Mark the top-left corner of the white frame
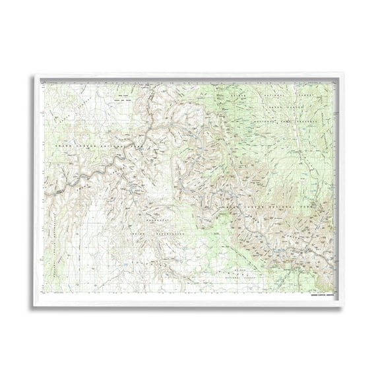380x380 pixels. pos(34,75)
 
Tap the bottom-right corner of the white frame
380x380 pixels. pos(346,305)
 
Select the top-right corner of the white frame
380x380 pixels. pos(346,75)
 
